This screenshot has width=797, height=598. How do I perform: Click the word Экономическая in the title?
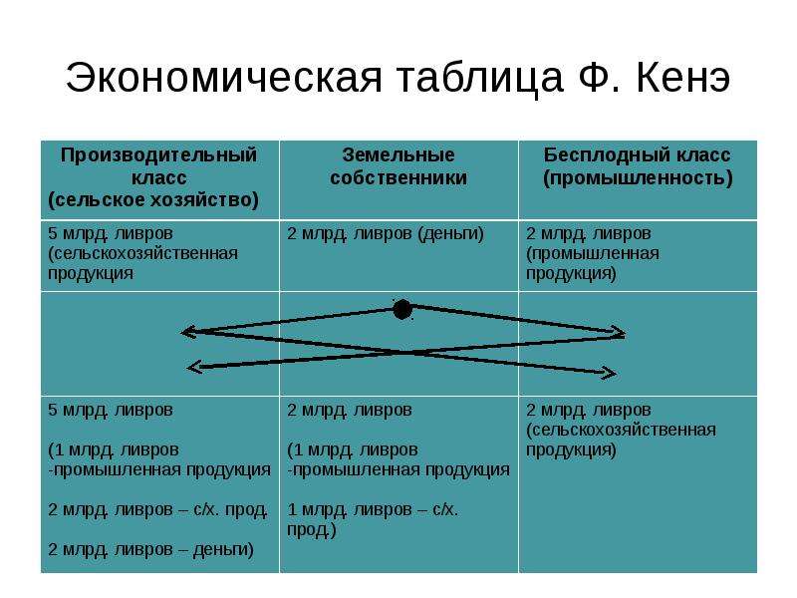click(x=223, y=78)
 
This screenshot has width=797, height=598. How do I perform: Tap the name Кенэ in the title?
click(x=683, y=78)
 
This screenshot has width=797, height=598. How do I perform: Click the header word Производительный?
click(x=159, y=155)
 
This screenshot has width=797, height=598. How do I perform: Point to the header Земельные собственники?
click(x=398, y=166)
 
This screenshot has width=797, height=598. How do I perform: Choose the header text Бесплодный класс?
click(x=638, y=155)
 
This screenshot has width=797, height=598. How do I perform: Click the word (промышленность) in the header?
click(x=638, y=178)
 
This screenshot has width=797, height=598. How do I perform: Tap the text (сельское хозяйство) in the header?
click(x=153, y=200)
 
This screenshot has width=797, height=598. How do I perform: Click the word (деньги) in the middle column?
click(x=451, y=234)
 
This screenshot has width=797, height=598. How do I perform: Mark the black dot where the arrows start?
click(x=402, y=309)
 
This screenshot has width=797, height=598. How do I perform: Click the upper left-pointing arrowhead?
click(x=189, y=332)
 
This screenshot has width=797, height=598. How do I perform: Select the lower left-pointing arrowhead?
click(x=195, y=366)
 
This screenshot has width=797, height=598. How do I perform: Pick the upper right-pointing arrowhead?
click(x=618, y=333)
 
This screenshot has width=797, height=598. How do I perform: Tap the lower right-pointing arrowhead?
click(x=609, y=374)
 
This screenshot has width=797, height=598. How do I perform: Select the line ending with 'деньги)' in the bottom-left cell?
click(x=150, y=550)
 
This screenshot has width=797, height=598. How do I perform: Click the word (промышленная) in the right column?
click(x=593, y=254)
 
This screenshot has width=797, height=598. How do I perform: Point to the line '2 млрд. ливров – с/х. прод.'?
click(x=157, y=509)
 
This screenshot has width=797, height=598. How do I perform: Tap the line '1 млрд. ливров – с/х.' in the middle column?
click(x=373, y=509)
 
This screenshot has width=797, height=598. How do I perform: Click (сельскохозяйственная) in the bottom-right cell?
click(x=621, y=431)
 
